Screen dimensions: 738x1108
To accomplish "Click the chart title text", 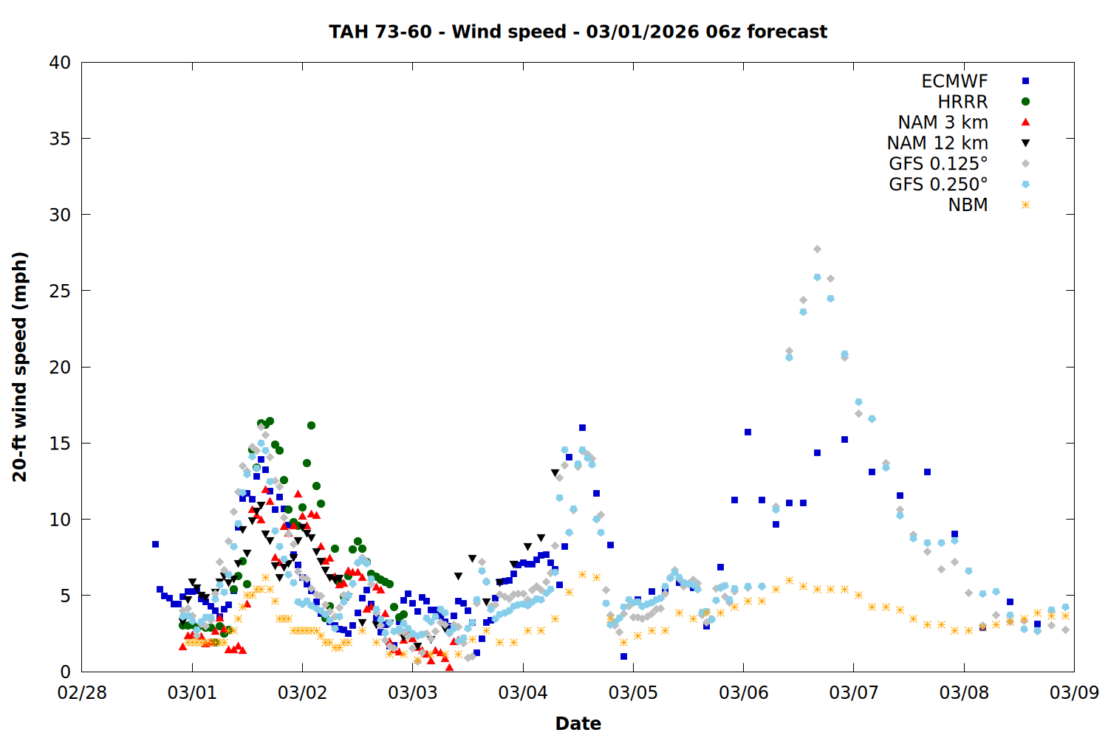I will (x=578, y=32).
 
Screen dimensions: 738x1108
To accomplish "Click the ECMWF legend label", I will (x=954, y=81).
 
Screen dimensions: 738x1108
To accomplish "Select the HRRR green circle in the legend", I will (x=1025, y=102).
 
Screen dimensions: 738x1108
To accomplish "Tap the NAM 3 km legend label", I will (x=943, y=123).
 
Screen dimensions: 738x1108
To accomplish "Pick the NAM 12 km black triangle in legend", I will (x=1025, y=143).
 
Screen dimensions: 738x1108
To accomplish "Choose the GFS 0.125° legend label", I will (x=938, y=164).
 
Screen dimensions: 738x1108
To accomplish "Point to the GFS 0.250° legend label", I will (x=938, y=184).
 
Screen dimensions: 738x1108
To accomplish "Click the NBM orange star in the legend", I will (x=1025, y=205).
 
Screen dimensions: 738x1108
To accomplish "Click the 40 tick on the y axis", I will (x=60, y=63).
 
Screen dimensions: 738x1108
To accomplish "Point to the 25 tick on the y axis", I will (x=60, y=291).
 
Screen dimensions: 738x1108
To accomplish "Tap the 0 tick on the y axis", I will (x=65, y=672).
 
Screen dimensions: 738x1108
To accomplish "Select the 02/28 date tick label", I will (x=82, y=693).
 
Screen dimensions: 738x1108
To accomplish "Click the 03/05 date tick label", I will (x=633, y=693).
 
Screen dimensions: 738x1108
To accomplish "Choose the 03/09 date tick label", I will (x=1074, y=693).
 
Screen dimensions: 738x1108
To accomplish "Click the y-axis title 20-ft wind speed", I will (x=20, y=367).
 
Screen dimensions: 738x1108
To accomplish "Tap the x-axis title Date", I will (x=578, y=723).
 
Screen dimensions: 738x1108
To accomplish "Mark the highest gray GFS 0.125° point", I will (x=817, y=249).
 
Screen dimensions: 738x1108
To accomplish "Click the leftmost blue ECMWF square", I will (x=155, y=545).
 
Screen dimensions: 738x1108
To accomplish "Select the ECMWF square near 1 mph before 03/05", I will (x=623, y=656).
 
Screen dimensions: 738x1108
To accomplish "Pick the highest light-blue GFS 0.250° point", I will (x=817, y=277).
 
